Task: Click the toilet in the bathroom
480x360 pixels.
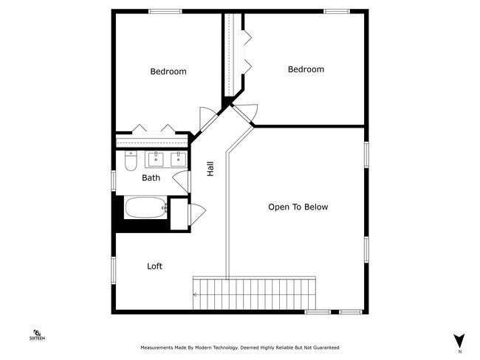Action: pos(130,159)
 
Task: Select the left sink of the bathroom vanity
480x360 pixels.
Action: pos(157,158)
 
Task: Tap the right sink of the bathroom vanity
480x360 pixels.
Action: pos(177,158)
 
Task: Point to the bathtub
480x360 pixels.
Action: pos(145,207)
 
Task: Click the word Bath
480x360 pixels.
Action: pos(151,178)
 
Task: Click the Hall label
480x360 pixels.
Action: pos(210,169)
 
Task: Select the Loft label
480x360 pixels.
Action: pos(154,266)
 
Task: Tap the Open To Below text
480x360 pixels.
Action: pos(298,207)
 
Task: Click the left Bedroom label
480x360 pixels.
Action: pos(168,72)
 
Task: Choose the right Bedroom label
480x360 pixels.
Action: pos(306,69)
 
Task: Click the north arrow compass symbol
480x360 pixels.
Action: pos(459,340)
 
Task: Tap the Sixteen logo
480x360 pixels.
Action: pos(38,336)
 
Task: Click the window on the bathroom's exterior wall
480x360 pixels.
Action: pos(114,181)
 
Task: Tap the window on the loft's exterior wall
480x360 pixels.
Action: pos(114,270)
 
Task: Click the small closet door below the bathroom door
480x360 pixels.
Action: pos(197,212)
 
